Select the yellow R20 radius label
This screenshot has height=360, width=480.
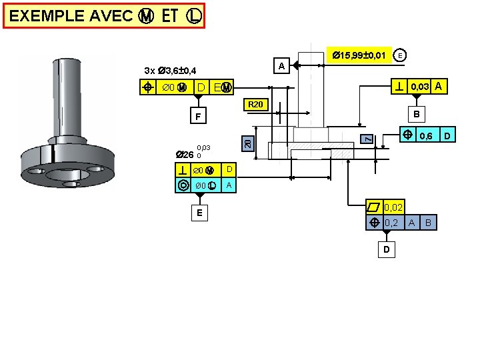(x=255, y=105)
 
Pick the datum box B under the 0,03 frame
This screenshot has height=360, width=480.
(x=416, y=114)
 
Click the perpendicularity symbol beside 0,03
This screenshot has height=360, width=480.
(x=398, y=87)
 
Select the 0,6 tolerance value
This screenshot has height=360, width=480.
(x=426, y=136)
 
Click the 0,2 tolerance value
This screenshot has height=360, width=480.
(x=391, y=223)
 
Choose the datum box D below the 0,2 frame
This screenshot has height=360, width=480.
(x=387, y=250)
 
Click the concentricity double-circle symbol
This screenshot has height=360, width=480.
(x=183, y=185)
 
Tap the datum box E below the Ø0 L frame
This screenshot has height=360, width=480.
(x=199, y=213)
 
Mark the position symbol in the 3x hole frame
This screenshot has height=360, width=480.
(x=150, y=87)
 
